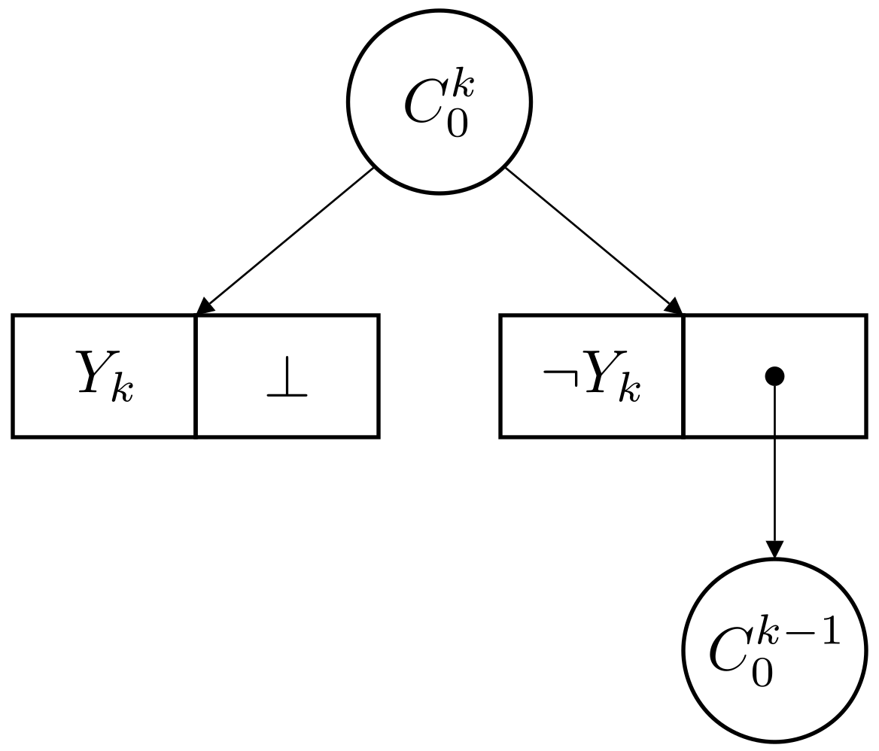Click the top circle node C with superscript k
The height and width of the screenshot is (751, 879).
tap(439, 102)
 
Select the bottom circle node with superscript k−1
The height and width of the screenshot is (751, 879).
tap(774, 651)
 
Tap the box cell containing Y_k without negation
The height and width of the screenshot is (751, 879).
tap(105, 375)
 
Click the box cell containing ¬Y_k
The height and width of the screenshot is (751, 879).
tap(592, 375)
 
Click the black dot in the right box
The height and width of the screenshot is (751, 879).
tap(774, 375)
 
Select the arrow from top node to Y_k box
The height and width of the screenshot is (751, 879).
tap(290, 237)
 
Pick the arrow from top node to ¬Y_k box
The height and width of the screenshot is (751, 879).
tap(591, 237)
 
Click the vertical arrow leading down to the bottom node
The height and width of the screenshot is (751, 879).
tap(774, 467)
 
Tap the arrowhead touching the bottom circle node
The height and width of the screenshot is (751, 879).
tap(774, 550)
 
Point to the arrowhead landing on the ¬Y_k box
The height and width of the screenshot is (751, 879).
tap(674, 306)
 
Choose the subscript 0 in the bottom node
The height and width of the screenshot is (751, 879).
tap(762, 673)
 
